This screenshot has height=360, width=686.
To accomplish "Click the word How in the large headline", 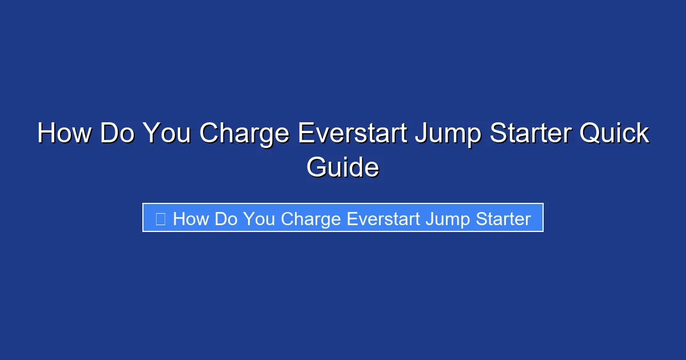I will pyautogui.click(x=64, y=134).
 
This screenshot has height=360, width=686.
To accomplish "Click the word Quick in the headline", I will pyautogui.click(x=615, y=134).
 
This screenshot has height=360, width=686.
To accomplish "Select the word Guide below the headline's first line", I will pyautogui.click(x=342, y=167).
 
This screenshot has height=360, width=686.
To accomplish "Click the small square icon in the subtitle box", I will pyautogui.click(x=161, y=218).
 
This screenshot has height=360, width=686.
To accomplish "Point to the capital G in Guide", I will pyautogui.click(x=318, y=167).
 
